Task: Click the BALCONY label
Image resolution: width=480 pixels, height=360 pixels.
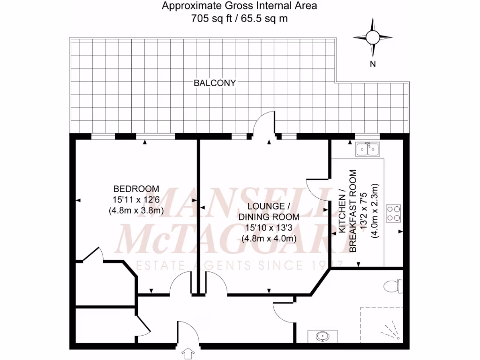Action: click(215, 83)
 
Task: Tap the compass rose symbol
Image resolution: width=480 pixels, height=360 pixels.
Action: click(372, 37)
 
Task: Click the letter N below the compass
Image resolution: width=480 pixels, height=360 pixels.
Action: click(373, 65)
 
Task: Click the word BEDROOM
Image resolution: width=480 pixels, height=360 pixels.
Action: click(136, 189)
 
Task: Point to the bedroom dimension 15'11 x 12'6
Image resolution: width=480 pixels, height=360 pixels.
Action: click(136, 200)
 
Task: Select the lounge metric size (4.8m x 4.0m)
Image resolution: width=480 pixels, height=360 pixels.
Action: click(269, 238)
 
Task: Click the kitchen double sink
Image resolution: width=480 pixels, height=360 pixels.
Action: click(368, 150)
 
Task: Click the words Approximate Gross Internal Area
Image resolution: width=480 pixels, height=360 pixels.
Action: click(239, 7)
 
